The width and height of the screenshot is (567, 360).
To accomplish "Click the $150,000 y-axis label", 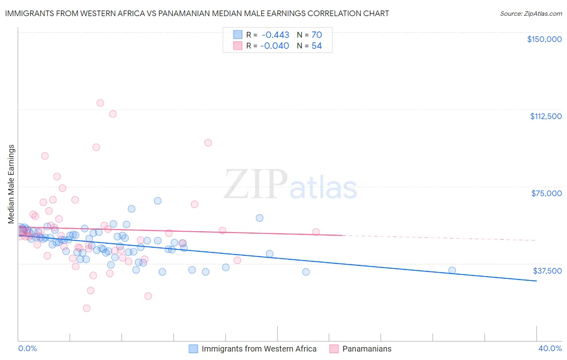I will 544,39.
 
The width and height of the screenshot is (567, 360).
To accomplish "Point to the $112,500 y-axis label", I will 546,116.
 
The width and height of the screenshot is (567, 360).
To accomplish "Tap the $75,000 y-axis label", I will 546,193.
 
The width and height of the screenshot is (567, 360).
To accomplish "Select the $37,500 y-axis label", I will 547,271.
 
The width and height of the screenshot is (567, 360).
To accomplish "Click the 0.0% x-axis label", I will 27,348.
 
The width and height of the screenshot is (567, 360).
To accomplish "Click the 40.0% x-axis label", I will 550,348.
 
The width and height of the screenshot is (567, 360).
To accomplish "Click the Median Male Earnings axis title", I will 11,184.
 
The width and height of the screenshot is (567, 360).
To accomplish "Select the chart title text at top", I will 197,13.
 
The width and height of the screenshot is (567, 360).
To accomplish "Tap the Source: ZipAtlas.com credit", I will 531,13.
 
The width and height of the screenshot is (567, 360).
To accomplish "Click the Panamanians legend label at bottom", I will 367,349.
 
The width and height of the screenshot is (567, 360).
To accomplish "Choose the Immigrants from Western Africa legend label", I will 259,349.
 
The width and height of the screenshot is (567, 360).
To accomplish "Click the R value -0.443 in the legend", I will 275,35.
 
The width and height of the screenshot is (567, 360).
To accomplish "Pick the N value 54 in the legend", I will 317,46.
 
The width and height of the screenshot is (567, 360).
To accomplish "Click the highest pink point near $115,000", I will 100,103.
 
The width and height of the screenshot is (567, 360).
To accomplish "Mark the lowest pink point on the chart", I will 87,308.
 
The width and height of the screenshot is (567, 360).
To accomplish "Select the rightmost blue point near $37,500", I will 452,270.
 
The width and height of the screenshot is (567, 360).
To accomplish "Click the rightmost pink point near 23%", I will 316,232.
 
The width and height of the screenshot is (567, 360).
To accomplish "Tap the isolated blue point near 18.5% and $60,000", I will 260,218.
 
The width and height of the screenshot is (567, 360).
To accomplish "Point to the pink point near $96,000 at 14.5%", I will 208,142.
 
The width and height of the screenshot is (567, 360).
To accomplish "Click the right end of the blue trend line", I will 536,281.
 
